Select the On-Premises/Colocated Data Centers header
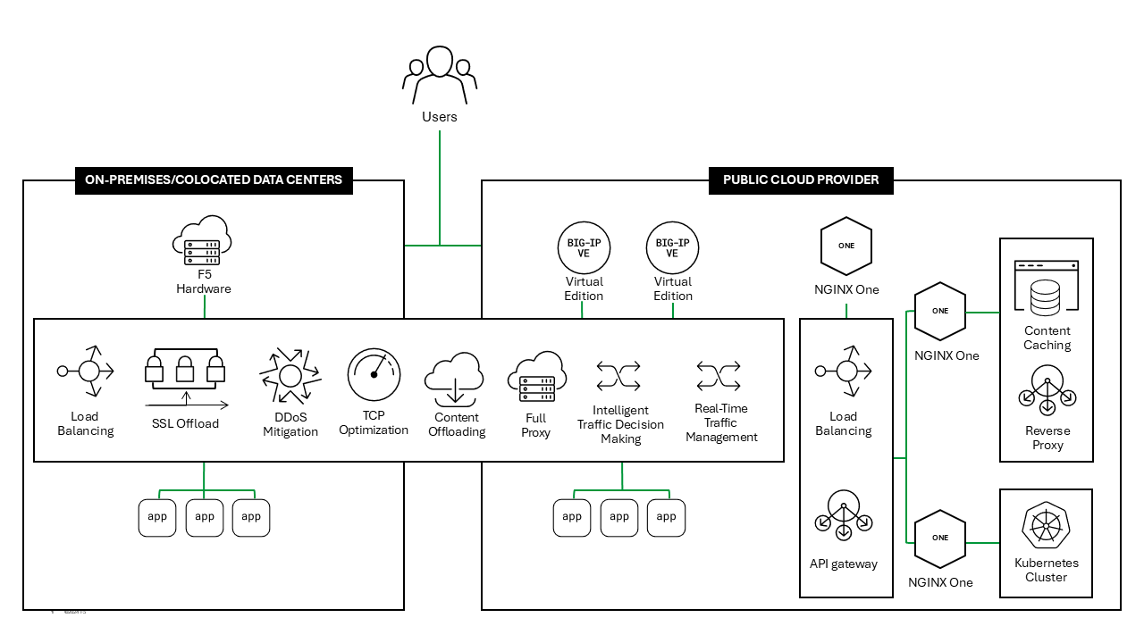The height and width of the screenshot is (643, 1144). pyautogui.click(x=214, y=180)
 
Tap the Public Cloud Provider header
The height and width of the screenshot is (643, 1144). pyautogui.click(x=801, y=180)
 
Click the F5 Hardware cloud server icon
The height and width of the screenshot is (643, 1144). pyautogui.click(x=202, y=240)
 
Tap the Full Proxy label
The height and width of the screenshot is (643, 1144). pyautogui.click(x=536, y=425)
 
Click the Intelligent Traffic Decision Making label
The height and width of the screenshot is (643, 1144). pyautogui.click(x=621, y=424)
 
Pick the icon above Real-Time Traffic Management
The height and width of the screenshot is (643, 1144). pyautogui.click(x=719, y=376)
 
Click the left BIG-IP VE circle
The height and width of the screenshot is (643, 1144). pyautogui.click(x=584, y=247)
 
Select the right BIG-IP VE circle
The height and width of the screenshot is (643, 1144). pyautogui.click(x=672, y=247)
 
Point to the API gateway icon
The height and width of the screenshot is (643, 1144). pyautogui.click(x=844, y=516)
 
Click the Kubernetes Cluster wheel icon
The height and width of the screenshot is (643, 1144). pyautogui.click(x=1046, y=524)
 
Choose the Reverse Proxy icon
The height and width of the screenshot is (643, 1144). pyautogui.click(x=1047, y=391)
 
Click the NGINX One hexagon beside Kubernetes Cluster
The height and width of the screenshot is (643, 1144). pyautogui.click(x=940, y=539)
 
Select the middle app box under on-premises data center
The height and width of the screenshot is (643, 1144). pyautogui.click(x=205, y=517)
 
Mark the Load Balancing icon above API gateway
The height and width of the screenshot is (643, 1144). pyautogui.click(x=844, y=371)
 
